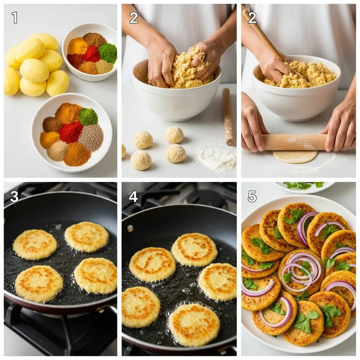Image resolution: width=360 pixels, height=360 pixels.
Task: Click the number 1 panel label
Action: coord(14,18)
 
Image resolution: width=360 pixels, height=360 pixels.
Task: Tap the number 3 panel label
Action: coord(14,196)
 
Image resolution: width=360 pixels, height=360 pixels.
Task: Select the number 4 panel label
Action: coord(133,196)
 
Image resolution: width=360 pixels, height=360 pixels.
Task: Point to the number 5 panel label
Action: coord(252,196)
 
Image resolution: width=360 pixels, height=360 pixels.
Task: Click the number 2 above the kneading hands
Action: coord(134,18)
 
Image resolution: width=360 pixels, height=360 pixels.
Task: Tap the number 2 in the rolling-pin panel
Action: coord(252,18)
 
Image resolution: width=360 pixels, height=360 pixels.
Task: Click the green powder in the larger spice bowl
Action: coord(88,117)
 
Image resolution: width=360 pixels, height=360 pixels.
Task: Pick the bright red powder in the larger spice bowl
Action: coord(70,132)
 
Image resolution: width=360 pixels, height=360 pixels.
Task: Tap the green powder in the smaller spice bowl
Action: coord(108,53)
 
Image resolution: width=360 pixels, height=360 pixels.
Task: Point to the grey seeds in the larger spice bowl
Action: coord(91,138)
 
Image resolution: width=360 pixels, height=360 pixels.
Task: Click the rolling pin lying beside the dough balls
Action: coord(229,117)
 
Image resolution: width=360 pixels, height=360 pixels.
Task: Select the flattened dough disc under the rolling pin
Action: coord(295,157)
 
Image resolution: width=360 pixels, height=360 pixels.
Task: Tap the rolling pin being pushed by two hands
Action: coord(295,142)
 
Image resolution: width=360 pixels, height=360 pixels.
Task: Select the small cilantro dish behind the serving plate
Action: coord(305,186)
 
